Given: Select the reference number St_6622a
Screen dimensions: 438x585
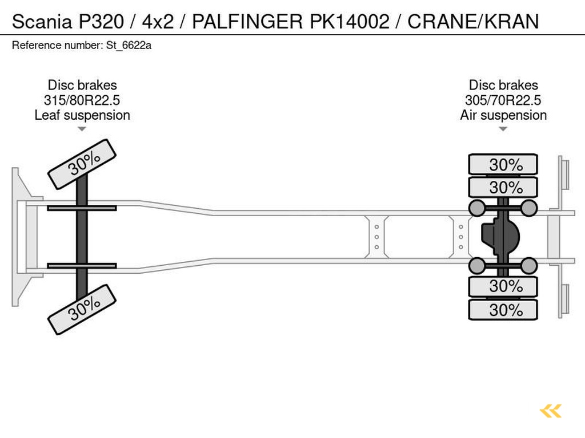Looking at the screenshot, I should pos(129,46).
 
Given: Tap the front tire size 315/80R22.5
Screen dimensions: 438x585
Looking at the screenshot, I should pos(82,100).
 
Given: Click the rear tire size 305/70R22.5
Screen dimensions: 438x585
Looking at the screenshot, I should pos(503,100).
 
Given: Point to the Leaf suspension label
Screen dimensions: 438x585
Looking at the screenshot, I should pos(82,115).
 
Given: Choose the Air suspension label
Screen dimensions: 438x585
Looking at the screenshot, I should pos(503,115).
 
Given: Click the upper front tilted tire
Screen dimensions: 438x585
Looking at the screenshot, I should pos(82,164).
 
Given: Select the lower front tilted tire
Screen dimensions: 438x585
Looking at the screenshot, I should pos(82,309).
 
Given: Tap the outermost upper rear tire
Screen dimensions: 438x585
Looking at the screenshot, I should pos(503,164).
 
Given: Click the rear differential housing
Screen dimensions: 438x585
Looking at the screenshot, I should pos(500,237).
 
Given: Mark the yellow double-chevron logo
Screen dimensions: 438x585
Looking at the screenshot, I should pos(551,411).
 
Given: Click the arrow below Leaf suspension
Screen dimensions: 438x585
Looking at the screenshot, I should pos(82,129).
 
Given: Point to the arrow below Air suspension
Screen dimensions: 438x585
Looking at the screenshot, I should pos(503,129).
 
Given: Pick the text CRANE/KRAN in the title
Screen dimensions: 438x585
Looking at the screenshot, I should pos(473,22).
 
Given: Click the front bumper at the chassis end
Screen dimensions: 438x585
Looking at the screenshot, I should pos(21,237).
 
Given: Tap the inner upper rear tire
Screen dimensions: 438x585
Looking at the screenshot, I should pos(503,187).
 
